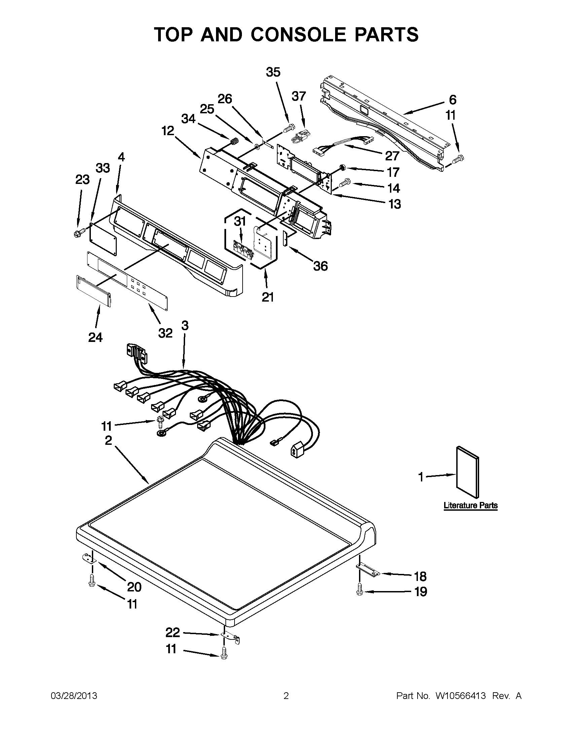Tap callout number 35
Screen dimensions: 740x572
273,72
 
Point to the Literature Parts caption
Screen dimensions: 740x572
471,505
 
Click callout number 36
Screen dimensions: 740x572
320,266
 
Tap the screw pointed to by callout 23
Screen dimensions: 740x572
77,233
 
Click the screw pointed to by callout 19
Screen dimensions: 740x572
359,592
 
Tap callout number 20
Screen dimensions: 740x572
134,586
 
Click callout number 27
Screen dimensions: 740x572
392,156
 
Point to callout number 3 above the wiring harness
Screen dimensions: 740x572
184,325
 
